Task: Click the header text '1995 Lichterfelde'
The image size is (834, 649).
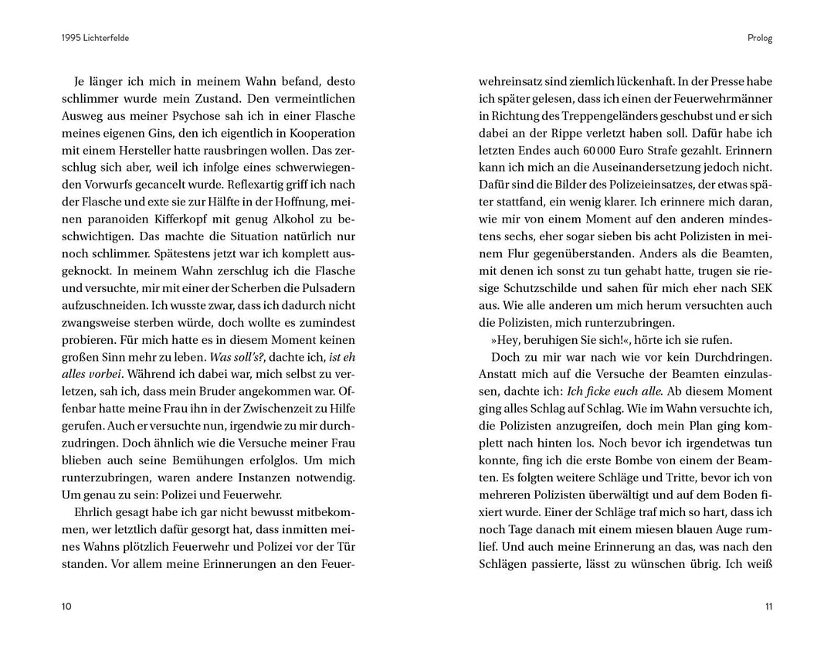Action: click(95, 38)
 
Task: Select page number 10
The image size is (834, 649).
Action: click(66, 607)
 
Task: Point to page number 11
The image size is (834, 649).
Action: click(768, 607)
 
